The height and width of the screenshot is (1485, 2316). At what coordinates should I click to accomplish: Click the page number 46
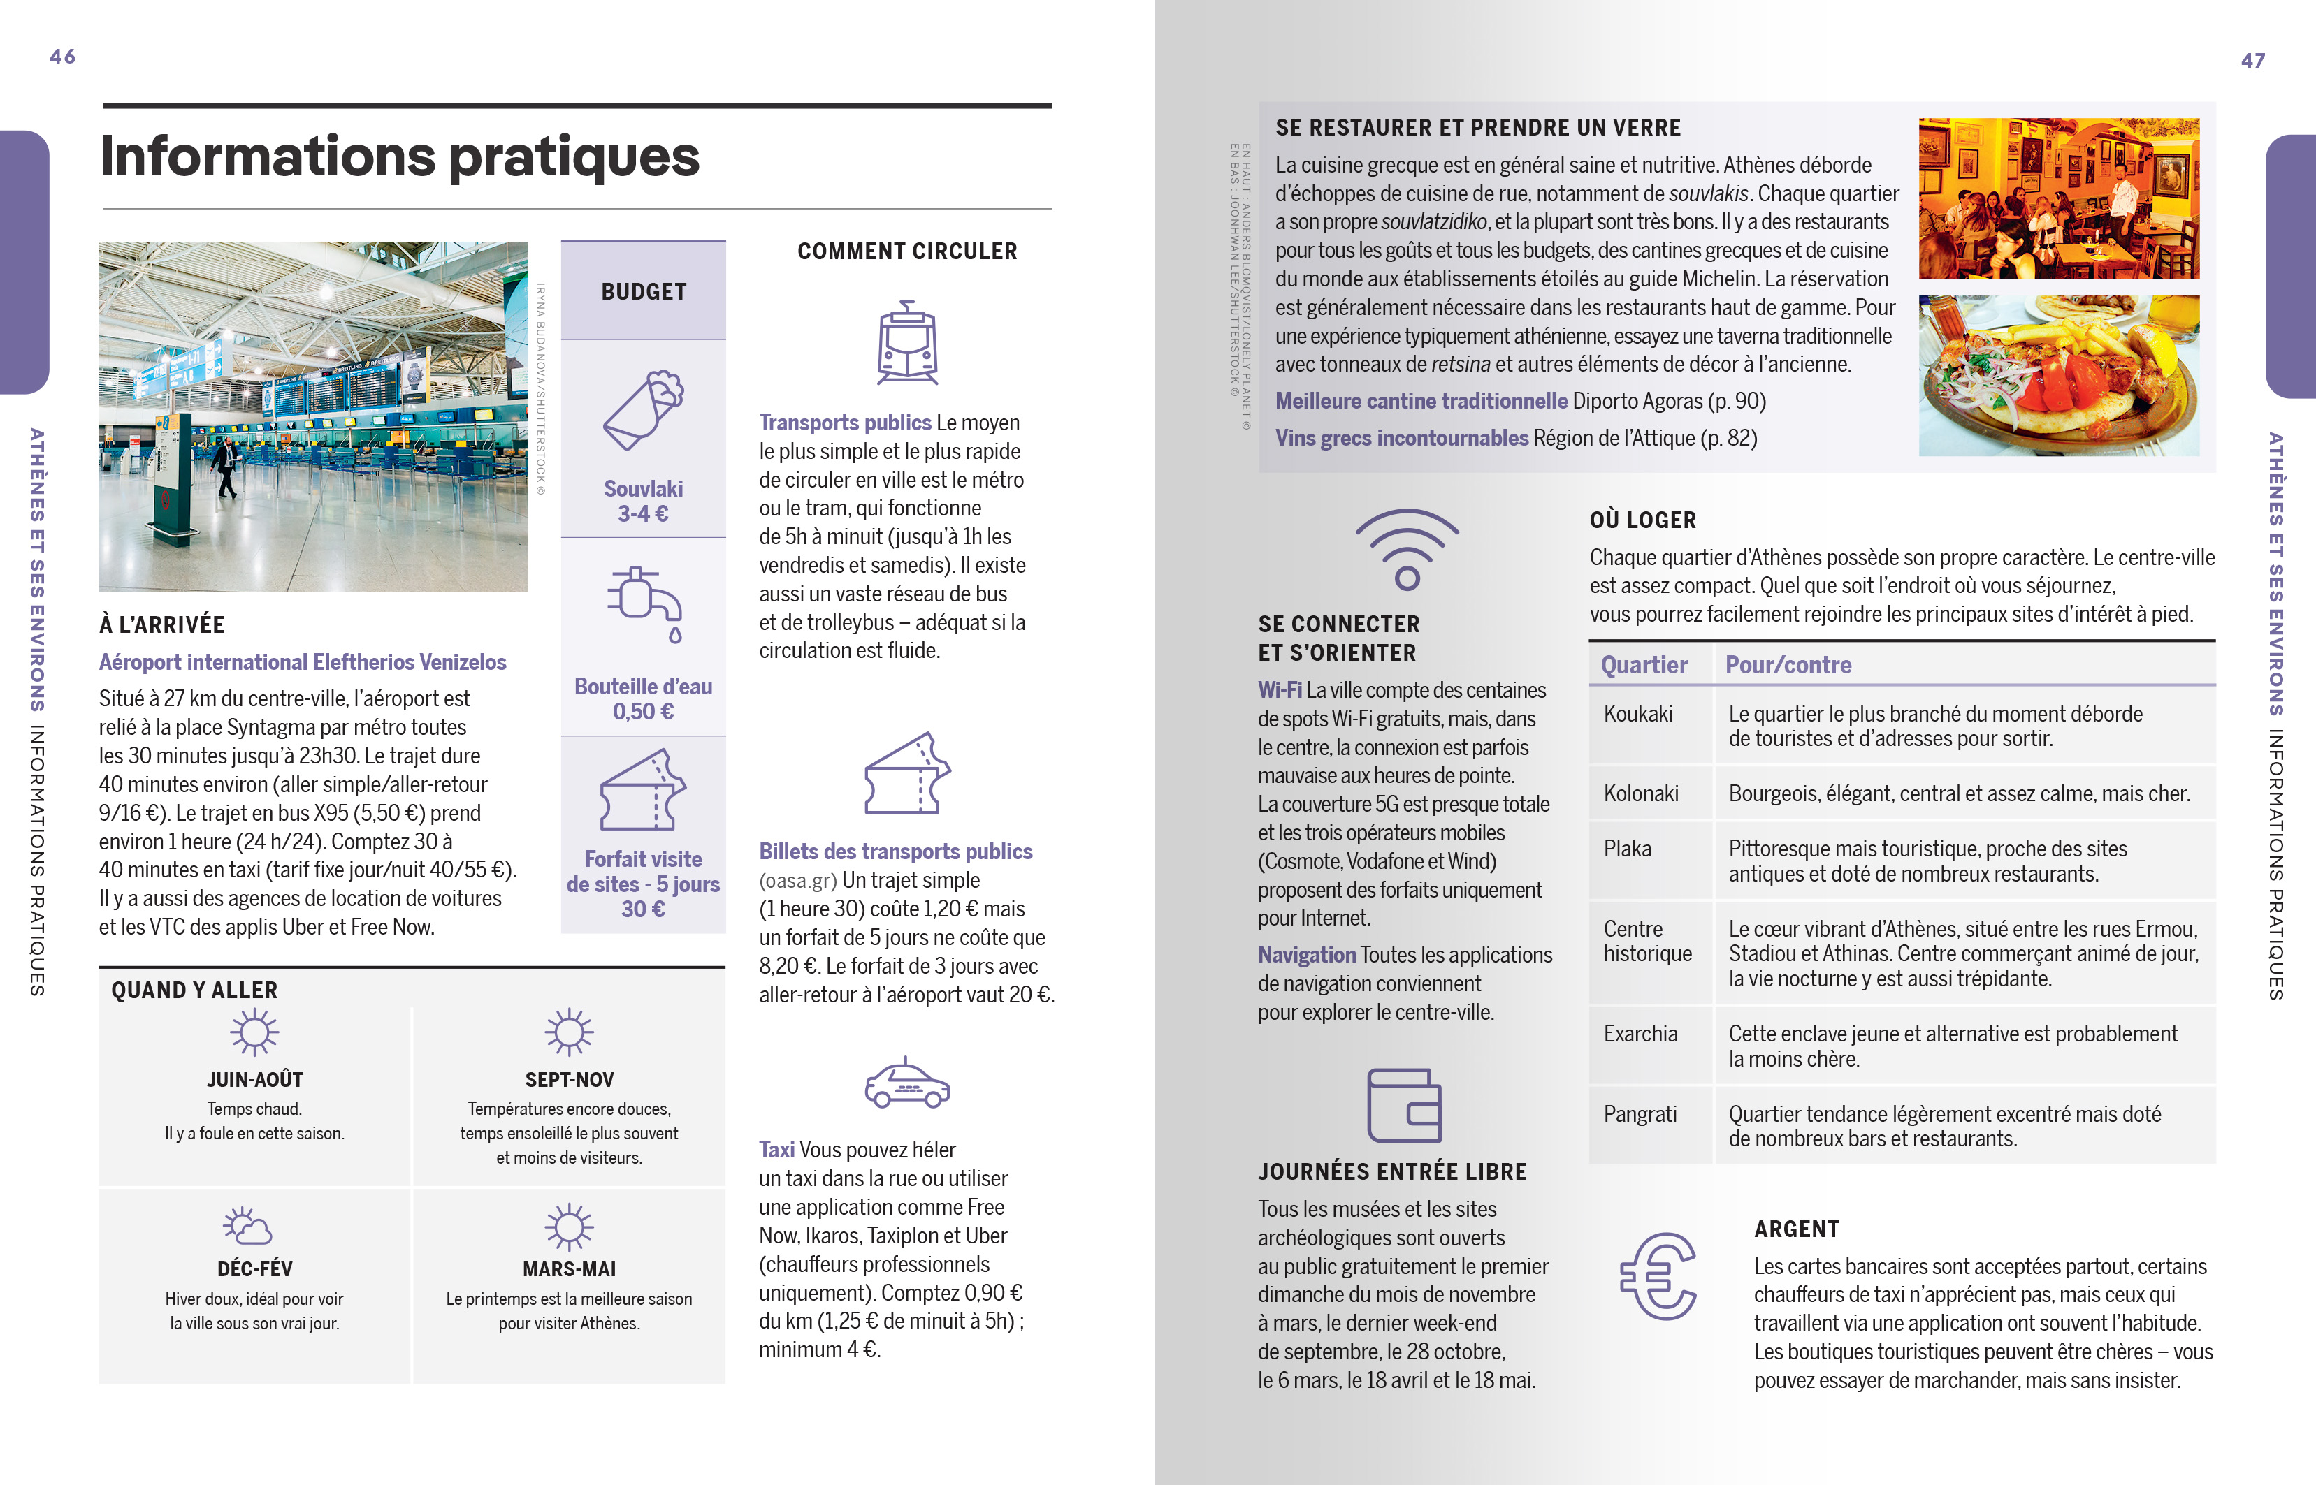63,57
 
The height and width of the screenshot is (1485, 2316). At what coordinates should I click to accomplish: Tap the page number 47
2252,61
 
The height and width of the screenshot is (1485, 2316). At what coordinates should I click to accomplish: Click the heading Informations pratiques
399,156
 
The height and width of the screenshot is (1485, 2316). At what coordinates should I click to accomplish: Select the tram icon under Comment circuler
906,342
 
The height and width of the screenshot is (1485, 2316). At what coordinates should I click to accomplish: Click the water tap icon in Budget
644,603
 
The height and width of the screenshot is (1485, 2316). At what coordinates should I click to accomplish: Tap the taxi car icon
906,1083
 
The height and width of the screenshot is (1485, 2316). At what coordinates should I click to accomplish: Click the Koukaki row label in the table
1638,715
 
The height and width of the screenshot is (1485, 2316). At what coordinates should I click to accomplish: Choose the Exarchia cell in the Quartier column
1640,1034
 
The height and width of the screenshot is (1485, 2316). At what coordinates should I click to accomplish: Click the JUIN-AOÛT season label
254,1080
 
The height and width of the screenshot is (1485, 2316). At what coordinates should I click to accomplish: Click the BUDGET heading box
644,291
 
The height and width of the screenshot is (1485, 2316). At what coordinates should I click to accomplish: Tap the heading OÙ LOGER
1642,520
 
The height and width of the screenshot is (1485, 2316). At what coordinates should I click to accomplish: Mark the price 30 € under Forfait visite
644,909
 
